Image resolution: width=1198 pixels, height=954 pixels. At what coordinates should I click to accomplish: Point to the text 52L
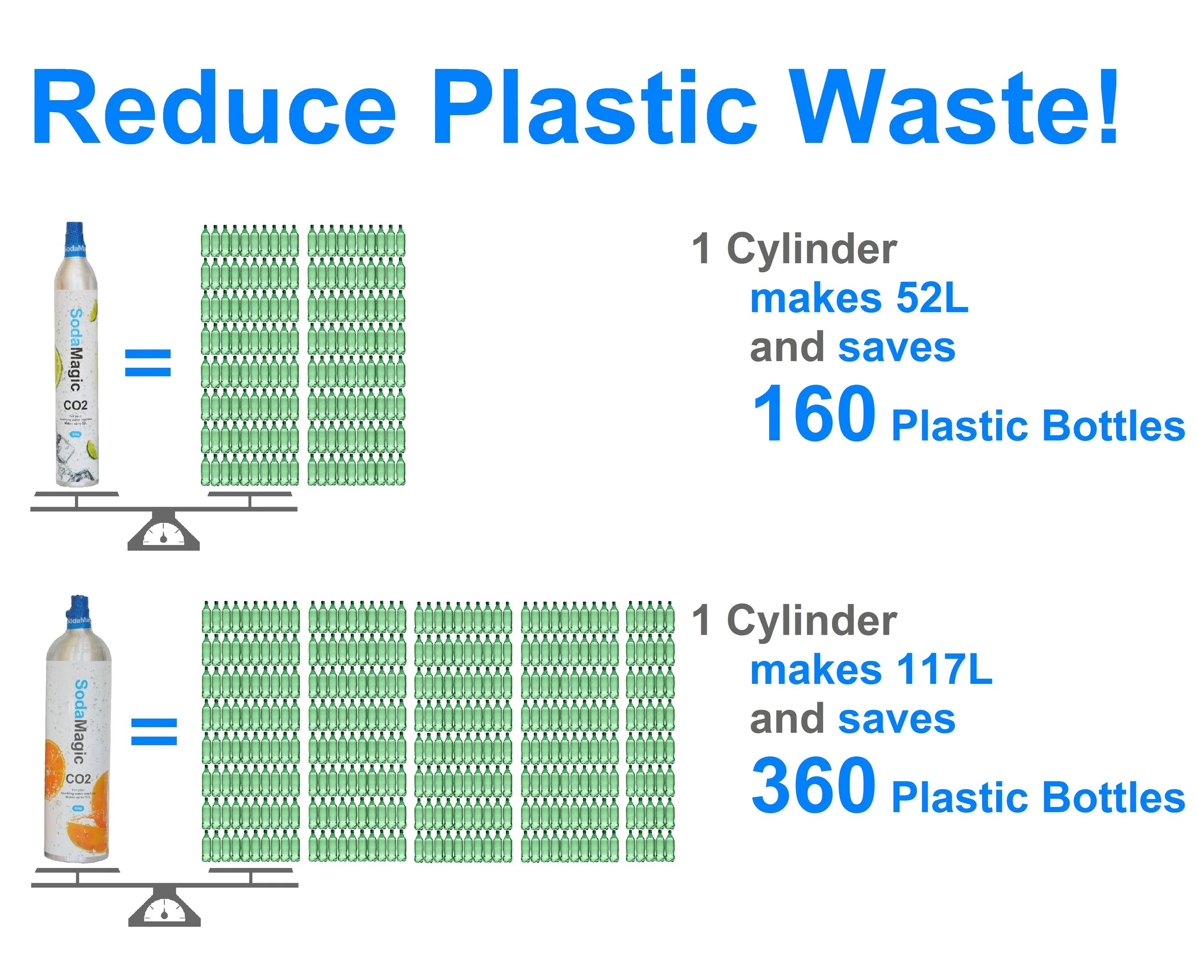932,298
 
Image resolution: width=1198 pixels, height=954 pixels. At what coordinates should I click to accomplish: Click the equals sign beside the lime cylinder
148,363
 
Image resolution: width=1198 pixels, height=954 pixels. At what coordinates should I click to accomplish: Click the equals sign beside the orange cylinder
154,731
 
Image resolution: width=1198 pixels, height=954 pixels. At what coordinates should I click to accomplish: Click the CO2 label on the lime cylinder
76,405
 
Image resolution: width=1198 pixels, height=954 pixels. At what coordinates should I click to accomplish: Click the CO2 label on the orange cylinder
78,779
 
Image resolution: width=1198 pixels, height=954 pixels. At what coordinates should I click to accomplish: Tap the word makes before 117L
815,670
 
